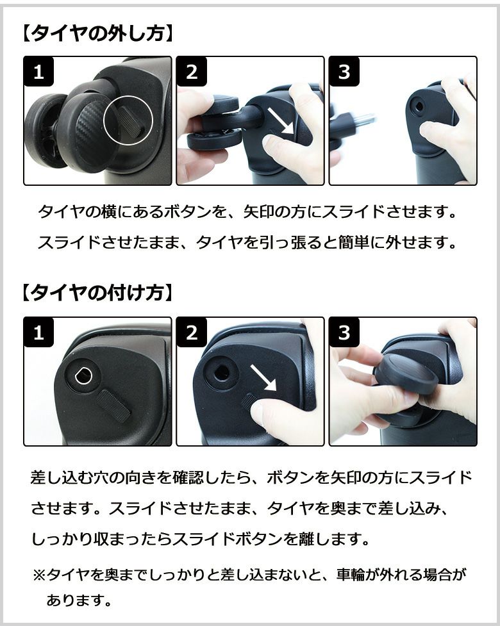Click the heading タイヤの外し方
pos(97,33)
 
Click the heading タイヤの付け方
pos(97,293)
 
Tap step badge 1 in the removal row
pos(38,72)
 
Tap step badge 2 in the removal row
pos(191,72)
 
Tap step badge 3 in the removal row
pos(344,72)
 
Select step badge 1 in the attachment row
pos(38,332)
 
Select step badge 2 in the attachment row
pos(191,332)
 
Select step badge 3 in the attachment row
pos(344,332)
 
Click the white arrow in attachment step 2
pos(263,378)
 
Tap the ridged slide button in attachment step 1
pos(114,406)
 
